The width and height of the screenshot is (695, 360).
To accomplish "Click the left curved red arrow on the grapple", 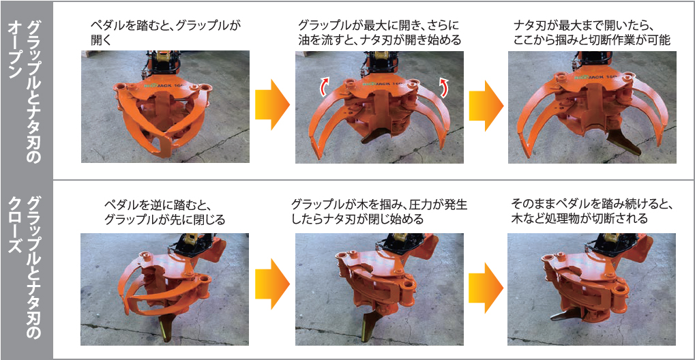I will tap(326, 86).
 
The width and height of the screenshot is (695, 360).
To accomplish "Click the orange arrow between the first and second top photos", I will tap(271, 104).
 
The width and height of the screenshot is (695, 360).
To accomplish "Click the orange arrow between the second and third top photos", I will tap(485, 104).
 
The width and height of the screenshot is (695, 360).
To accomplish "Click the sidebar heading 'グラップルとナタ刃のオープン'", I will tap(26, 89).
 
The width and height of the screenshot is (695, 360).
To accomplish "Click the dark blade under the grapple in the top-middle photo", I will tap(372, 136).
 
